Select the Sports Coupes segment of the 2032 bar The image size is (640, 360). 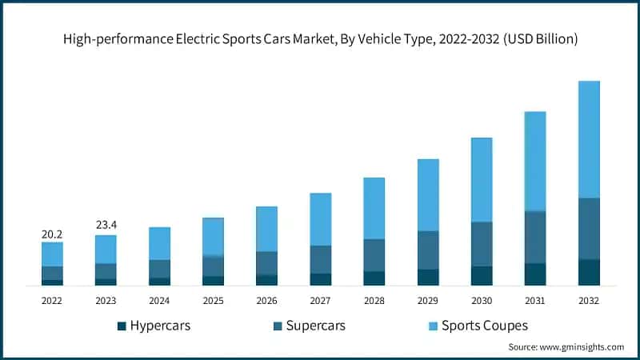[588, 139]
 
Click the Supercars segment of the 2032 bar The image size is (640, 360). [588, 229]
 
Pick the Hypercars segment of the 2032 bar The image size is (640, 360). [588, 272]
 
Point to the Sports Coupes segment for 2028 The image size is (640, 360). [374, 208]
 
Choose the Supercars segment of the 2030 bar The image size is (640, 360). [481, 244]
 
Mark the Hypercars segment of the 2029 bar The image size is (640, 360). [427, 277]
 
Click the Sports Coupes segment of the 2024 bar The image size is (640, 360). [159, 243]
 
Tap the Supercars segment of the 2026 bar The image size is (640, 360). [266, 263]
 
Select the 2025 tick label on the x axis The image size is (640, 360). [213, 300]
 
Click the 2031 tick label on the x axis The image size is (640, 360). [534, 300]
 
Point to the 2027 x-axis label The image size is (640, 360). [320, 300]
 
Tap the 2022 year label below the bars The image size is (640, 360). [52, 300]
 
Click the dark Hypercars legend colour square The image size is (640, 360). [122, 326]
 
